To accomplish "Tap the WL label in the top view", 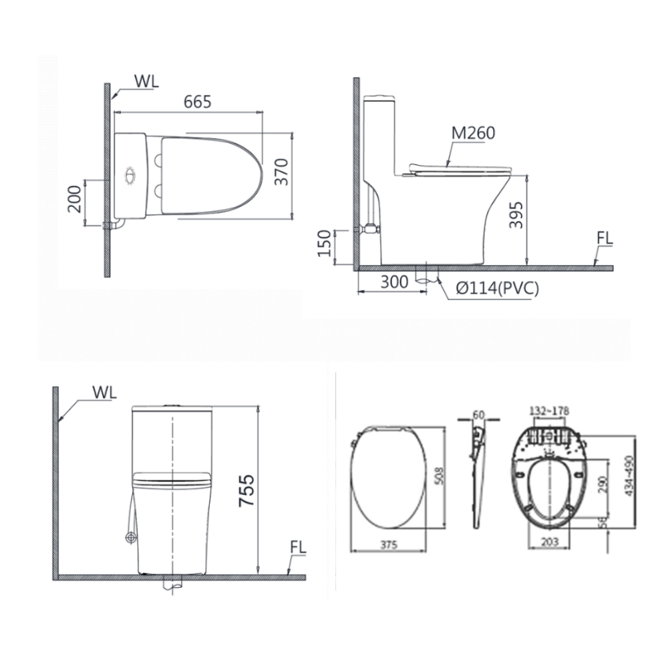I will coord(147,82).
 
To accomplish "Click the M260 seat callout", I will coord(473,133).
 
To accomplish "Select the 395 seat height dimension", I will coord(515,214).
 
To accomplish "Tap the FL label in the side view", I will coord(605,238).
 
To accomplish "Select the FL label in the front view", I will coord(298,547).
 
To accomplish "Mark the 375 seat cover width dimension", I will coord(389,544).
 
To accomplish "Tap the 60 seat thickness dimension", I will coord(478,414).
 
